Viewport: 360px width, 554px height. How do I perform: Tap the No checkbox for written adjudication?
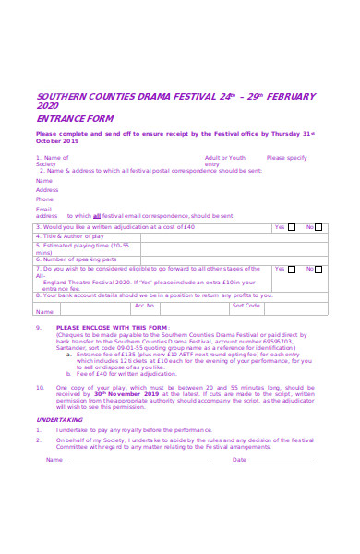point(319,226)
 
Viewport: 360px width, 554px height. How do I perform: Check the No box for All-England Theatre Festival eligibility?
point(319,269)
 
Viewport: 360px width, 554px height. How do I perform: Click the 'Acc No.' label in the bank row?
point(145,305)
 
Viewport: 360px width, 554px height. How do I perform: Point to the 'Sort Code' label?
point(246,305)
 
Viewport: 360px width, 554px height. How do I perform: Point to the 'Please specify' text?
point(286,158)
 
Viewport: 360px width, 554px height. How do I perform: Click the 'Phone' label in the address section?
point(44,199)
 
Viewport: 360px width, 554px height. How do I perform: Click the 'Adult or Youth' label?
point(225,158)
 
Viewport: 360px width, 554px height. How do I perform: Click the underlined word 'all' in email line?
point(97,215)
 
